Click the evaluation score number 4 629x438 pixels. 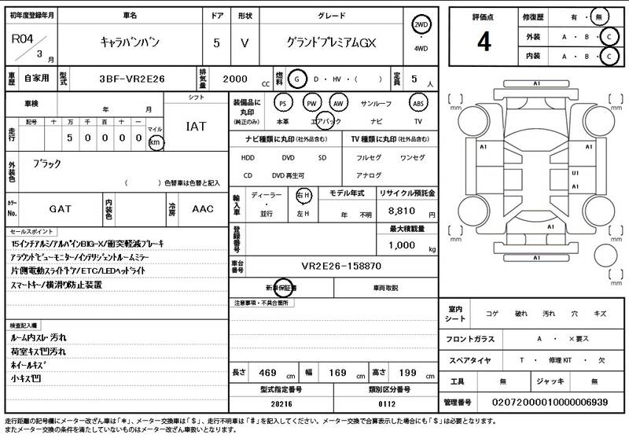484,40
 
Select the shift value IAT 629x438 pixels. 197,126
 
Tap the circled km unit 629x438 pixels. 156,142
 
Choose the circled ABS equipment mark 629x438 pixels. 418,103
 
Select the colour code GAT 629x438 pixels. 61,209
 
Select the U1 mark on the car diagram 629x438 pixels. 576,172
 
